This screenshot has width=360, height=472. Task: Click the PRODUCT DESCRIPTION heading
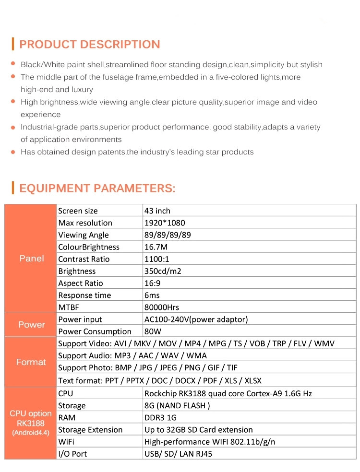tap(89, 45)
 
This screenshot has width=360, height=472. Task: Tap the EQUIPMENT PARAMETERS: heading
tap(97, 188)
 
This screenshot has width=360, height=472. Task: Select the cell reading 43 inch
tap(157, 211)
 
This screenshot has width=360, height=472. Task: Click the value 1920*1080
tap(165, 223)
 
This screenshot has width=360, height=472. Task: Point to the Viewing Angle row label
tap(84, 235)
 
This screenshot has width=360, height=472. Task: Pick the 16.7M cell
tap(156, 247)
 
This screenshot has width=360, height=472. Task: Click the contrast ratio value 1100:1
tap(157, 259)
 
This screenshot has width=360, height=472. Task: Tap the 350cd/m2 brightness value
tap(163, 271)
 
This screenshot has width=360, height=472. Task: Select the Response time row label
tap(84, 295)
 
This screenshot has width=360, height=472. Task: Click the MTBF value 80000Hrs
tap(162, 307)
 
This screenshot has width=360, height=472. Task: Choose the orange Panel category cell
tap(31, 259)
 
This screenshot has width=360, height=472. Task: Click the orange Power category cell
tap(31, 325)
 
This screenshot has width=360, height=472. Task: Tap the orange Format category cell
tap(31, 362)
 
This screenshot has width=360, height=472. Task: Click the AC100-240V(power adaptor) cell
tap(196, 319)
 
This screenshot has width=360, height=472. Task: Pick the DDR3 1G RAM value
tap(160, 418)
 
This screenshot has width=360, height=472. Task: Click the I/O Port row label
tap(72, 454)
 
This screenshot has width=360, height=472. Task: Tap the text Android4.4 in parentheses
tap(31, 433)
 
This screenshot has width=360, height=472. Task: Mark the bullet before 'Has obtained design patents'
tap(13, 152)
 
